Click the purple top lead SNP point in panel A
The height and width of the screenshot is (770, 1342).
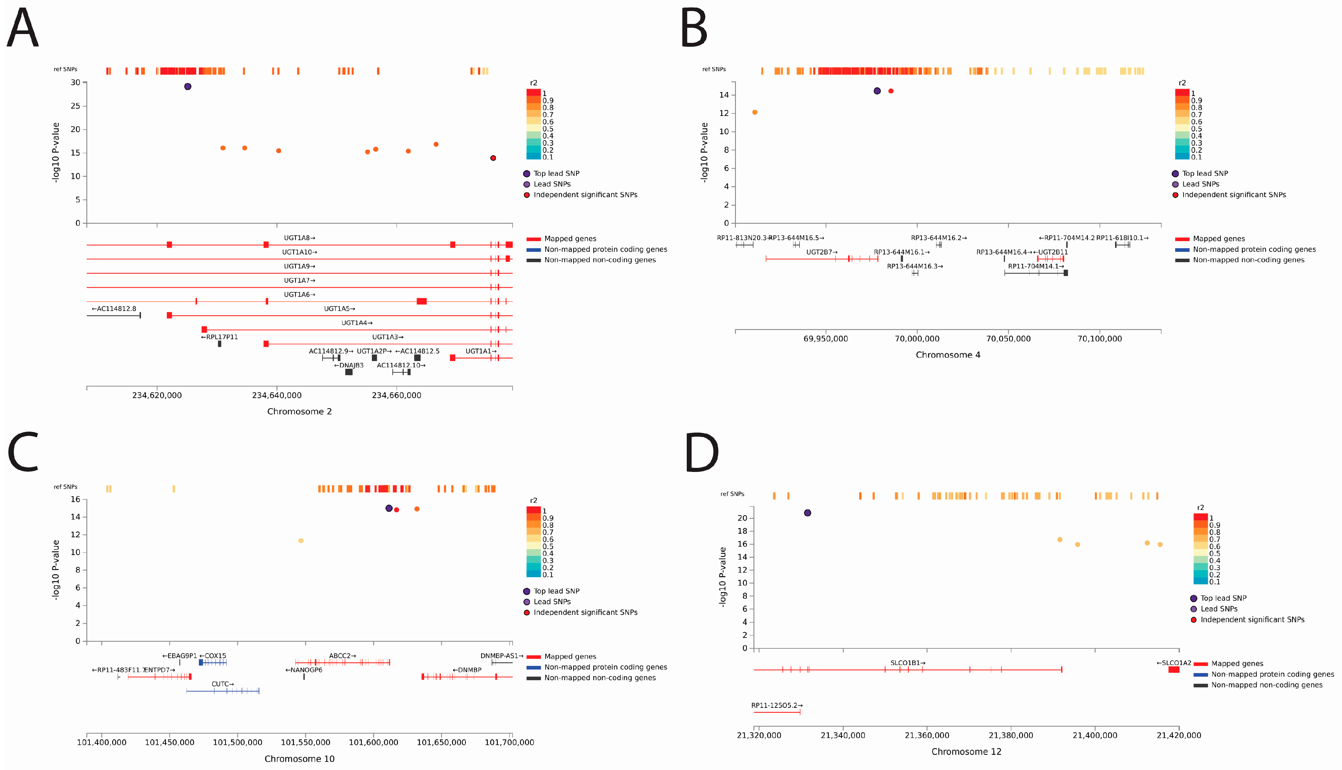coord(188,87)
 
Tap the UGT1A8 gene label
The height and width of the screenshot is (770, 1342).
coord(299,238)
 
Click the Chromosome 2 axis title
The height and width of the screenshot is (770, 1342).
coord(299,411)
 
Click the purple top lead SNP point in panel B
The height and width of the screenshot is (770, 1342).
coord(877,91)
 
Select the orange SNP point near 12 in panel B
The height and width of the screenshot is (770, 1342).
coord(755,112)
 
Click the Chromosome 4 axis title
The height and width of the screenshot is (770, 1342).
coord(948,355)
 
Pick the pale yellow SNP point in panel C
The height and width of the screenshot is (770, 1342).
coord(301,541)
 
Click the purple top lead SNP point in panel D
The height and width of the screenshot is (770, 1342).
coord(807,513)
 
